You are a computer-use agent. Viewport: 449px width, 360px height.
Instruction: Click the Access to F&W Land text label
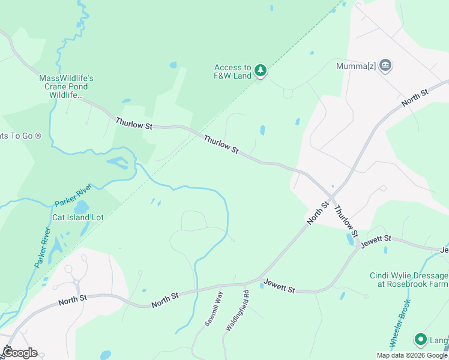234,71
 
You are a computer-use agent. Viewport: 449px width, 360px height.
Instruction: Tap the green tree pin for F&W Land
261,71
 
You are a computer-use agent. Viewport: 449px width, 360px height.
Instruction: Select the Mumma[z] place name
356,66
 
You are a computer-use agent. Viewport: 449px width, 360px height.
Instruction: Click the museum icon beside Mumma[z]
385,65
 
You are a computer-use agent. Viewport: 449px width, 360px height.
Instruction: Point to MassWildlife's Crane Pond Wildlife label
67,86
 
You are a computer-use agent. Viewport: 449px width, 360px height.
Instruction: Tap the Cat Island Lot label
78,217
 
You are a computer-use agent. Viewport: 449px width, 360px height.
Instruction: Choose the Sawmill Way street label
214,308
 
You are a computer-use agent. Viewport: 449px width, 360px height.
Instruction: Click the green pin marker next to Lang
421,340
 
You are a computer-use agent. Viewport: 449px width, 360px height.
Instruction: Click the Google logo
19,353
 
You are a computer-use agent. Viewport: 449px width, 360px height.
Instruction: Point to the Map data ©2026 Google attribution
412,355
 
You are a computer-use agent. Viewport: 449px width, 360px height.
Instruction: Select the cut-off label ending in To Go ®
20,136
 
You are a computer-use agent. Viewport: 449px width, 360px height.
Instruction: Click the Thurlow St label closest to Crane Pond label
135,124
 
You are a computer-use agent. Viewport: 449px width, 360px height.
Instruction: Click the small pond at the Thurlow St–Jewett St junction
350,239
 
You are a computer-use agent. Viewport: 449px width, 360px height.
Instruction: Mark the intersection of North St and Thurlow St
331,197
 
